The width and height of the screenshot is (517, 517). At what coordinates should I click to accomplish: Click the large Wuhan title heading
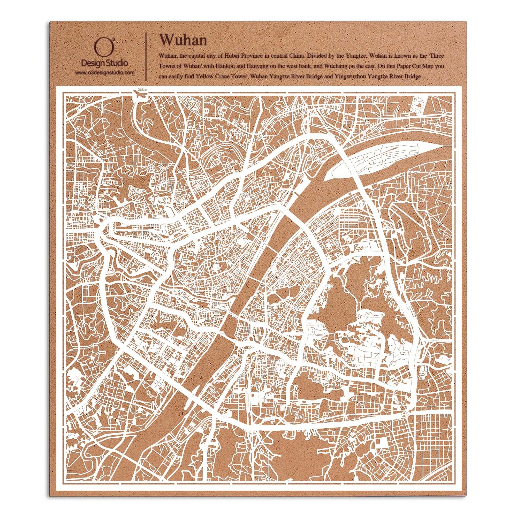tap(183, 40)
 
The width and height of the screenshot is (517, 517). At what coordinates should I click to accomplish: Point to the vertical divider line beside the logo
tap(146, 56)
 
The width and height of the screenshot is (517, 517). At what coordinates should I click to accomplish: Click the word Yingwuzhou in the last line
tap(349, 76)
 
